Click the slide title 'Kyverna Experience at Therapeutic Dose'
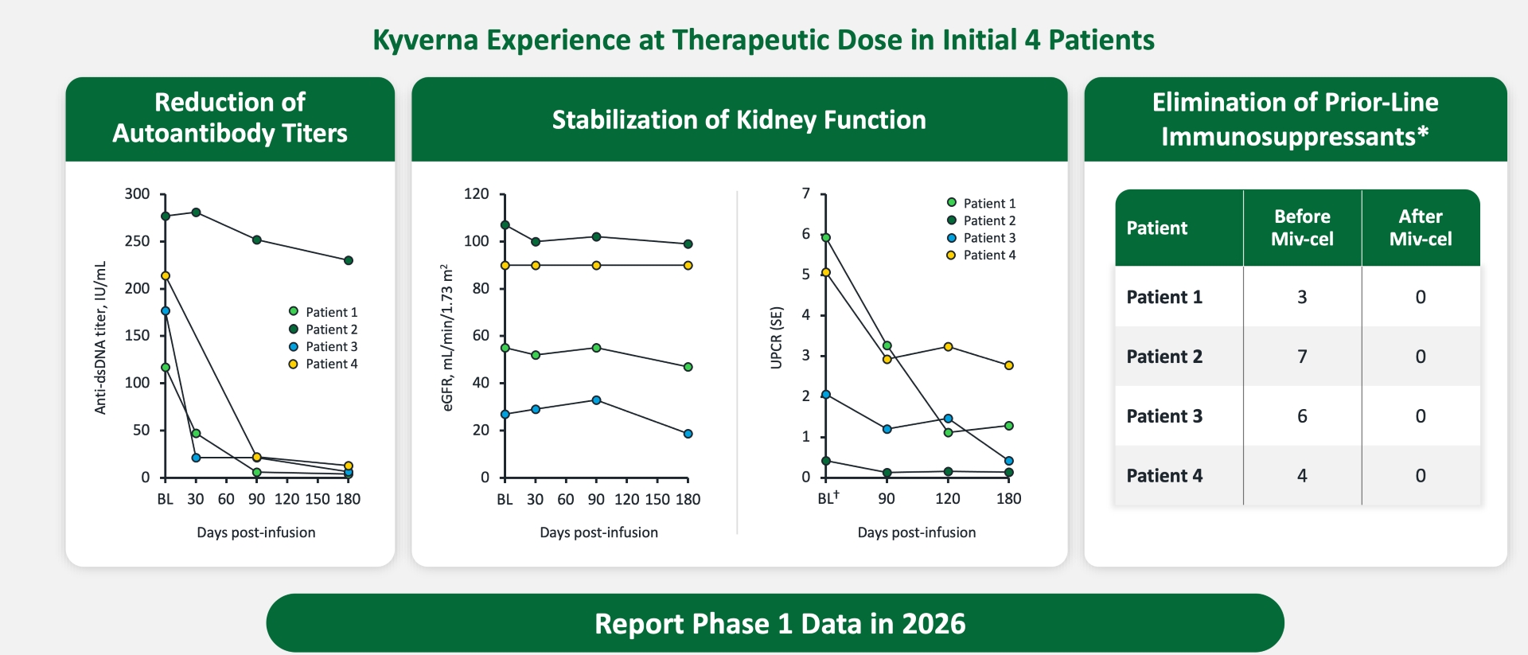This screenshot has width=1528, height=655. coord(763,40)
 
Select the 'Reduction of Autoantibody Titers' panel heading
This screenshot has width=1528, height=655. coord(230,118)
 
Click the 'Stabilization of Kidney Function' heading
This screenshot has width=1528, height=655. coord(739,119)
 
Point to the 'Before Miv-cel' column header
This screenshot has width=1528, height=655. coord(1302,228)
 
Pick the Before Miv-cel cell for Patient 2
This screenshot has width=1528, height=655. coord(1302,357)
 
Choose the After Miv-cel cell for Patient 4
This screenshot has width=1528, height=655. coord(1420,476)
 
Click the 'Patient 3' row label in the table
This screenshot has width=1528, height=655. coord(1164,416)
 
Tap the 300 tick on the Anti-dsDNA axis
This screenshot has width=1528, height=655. coord(137,194)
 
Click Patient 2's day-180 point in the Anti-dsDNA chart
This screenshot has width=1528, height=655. coord(349,260)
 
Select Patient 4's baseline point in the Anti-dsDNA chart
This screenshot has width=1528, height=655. coord(166,276)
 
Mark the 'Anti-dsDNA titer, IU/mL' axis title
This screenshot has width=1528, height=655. coord(100,337)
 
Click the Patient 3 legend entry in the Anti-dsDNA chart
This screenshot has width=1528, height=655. coord(323,347)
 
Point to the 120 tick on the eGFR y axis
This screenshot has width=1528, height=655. coord(476,194)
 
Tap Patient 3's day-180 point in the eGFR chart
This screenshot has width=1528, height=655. coord(688,434)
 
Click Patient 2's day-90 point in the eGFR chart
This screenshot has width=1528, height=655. coord(596,237)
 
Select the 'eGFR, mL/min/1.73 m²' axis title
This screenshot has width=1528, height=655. coord(447,337)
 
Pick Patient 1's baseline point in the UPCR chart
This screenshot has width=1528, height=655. coord(826,238)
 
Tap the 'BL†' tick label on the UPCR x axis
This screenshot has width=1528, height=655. coord(828,498)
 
